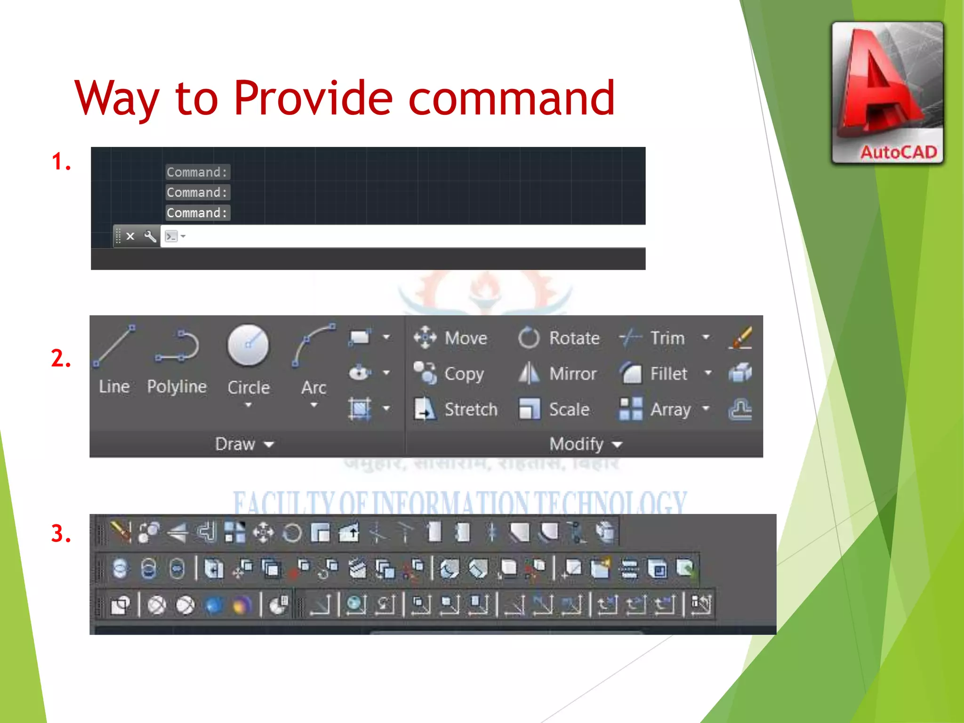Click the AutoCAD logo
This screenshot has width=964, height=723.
point(887,93)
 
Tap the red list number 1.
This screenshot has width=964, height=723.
point(61,161)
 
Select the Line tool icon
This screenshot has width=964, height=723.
point(114,345)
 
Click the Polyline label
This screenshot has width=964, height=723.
point(177,386)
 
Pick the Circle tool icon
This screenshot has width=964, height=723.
point(248,345)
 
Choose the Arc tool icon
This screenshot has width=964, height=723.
point(313,345)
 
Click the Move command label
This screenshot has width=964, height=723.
point(466,338)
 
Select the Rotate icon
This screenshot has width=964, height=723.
point(528,338)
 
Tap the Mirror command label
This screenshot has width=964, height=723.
point(572,374)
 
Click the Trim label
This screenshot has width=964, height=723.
point(667,338)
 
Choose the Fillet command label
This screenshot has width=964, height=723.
point(668,374)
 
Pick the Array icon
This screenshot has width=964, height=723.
point(630,409)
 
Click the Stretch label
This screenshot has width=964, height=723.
point(471,410)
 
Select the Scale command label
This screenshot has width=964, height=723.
point(569,410)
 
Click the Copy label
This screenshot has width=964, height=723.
point(464,374)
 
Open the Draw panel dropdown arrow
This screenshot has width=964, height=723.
point(269,444)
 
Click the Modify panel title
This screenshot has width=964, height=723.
point(576,444)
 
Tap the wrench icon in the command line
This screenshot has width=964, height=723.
point(150,236)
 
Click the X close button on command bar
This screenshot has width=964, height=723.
point(130,236)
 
